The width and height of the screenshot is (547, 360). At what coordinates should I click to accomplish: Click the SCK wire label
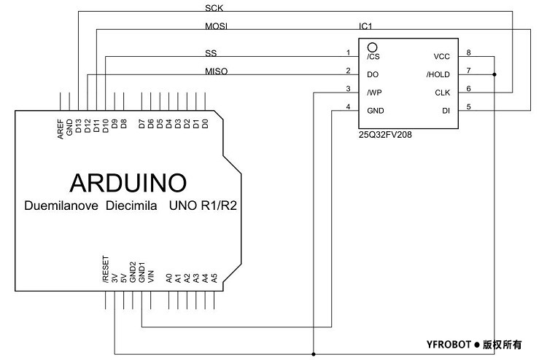point(214,9)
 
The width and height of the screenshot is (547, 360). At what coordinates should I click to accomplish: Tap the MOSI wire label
point(216,26)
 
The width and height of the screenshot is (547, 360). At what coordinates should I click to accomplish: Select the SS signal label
point(212,53)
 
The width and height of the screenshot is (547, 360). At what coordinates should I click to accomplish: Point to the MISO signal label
point(216,71)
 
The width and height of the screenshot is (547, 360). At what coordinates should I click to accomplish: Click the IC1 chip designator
point(365,26)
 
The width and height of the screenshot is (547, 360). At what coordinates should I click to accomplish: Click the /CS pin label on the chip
point(373,56)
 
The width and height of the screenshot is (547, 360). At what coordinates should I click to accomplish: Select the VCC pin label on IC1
point(442,56)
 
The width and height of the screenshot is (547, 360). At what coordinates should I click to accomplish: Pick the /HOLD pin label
point(438,74)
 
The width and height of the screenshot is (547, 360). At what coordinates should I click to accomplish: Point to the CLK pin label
point(442,93)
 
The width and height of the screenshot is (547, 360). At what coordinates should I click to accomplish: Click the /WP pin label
point(374,93)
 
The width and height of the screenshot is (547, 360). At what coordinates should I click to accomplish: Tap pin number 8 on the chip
point(469,52)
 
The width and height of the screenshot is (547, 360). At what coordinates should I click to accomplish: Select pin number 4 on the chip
point(348,106)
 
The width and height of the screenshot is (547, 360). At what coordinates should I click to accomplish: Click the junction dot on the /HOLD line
point(495,74)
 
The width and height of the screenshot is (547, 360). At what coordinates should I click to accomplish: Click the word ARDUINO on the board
point(128,181)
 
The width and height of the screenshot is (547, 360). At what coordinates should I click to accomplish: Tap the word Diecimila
point(132,206)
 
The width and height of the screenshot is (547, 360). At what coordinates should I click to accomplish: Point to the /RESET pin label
point(106,269)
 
